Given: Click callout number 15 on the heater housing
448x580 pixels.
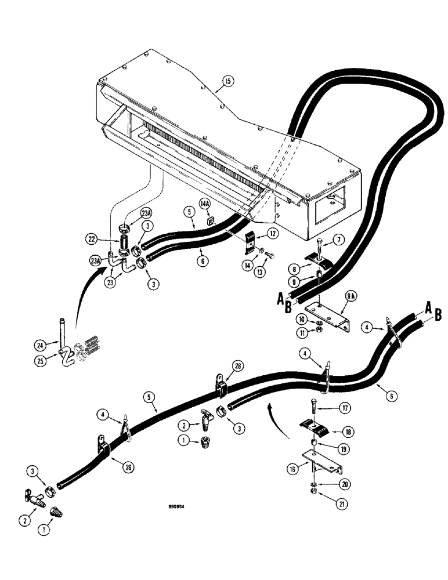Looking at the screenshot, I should [227, 82].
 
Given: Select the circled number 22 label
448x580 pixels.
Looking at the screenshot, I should [107, 239].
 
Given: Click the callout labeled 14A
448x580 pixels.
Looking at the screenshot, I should [205, 204].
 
